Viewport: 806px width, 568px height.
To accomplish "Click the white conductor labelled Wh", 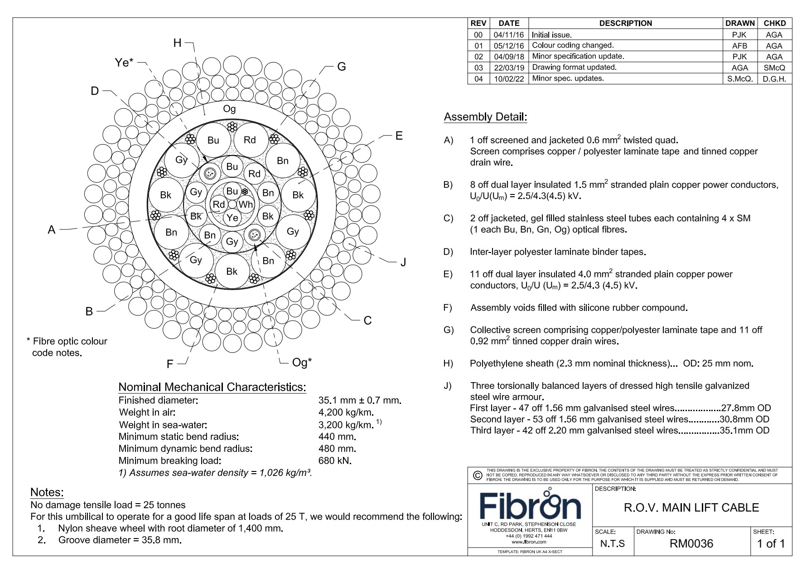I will (x=245, y=204).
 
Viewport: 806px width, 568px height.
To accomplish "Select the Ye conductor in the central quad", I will (x=232, y=218).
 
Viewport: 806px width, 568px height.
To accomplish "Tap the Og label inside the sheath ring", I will (x=229, y=109).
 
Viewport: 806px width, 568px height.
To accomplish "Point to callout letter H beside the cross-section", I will (x=178, y=43).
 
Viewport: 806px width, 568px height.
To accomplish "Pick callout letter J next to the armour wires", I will (x=403, y=262).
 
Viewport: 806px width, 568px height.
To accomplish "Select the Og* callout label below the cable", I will (x=302, y=362).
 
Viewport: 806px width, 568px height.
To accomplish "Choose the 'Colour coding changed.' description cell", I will (x=573, y=45).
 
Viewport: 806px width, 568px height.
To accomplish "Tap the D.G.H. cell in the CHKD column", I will (x=774, y=78).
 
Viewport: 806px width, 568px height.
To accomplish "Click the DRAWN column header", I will (x=739, y=23).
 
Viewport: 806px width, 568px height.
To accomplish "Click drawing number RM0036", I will (x=691, y=544).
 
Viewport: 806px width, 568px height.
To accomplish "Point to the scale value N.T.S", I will (x=612, y=544).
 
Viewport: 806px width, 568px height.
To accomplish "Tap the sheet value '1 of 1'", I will (x=771, y=544).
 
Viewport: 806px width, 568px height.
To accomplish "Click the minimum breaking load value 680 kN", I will (x=335, y=461).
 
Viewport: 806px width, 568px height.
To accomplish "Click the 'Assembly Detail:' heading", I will (x=485, y=117).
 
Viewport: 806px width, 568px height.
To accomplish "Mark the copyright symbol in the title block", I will (x=477, y=476).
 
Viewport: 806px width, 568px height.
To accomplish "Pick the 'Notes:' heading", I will (x=47, y=492).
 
